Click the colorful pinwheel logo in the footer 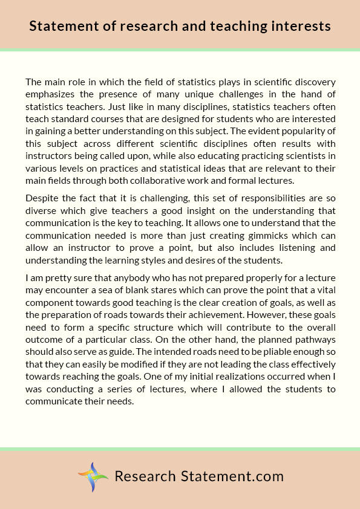pos(93,476)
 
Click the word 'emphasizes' pos(51,94)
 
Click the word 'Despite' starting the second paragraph pos(42,198)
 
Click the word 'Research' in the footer pos(145,476)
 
